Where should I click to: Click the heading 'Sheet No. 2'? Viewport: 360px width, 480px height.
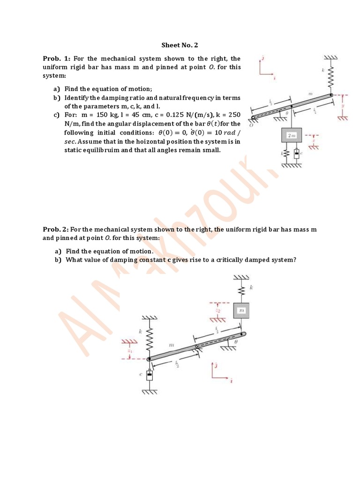click(180, 45)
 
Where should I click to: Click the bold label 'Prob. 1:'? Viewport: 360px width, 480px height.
click(56, 59)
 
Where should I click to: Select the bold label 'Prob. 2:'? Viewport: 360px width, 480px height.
click(56, 229)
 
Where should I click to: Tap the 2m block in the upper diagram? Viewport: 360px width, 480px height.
click(292, 135)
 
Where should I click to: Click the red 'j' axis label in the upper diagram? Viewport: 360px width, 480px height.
click(263, 59)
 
